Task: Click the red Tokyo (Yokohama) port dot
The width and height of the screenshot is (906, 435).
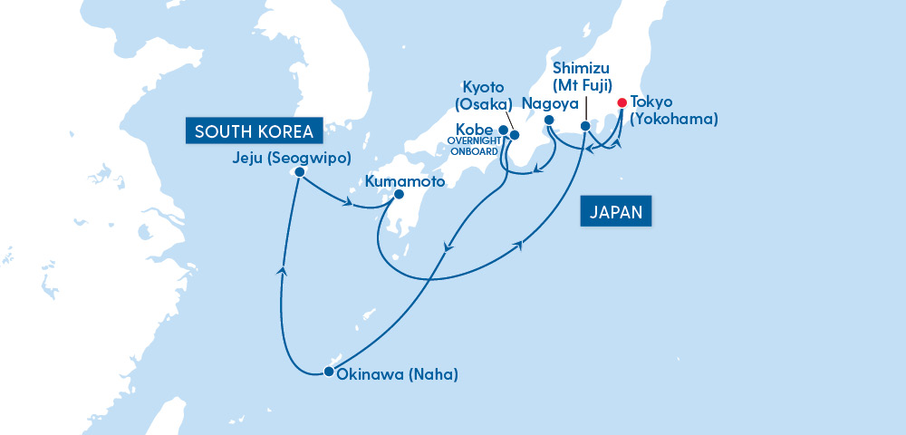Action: (x=622, y=103)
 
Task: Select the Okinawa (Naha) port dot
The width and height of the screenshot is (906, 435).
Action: (x=328, y=372)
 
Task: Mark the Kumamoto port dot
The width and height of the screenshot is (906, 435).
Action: (x=400, y=194)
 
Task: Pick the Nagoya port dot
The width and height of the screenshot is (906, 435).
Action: (x=548, y=121)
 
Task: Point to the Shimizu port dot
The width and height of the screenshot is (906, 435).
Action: (x=585, y=126)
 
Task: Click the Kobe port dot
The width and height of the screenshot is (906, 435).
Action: (x=504, y=130)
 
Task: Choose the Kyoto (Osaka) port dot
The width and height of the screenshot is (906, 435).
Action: (x=515, y=136)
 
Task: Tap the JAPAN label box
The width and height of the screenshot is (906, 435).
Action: (x=615, y=212)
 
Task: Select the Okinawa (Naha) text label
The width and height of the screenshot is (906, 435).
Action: (x=398, y=374)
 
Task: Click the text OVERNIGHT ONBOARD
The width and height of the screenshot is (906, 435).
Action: (x=473, y=146)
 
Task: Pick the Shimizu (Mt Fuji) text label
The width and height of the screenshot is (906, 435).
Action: (x=585, y=77)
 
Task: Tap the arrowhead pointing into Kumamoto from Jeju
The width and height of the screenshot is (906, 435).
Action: (x=347, y=203)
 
